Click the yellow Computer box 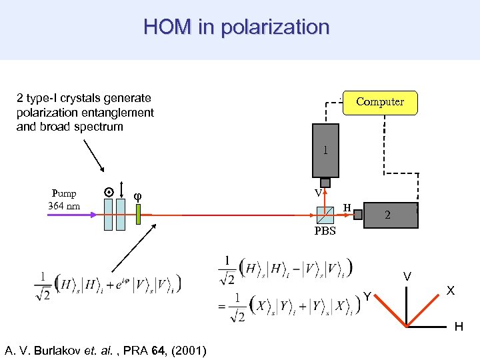point(379,102)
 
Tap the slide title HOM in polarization point(237,27)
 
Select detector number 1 point(325,151)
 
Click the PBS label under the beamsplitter point(325,231)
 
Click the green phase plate point(139,215)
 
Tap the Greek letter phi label point(137,196)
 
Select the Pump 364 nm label point(64,200)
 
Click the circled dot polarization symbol point(108,192)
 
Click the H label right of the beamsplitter point(347,208)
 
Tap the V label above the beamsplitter point(319,193)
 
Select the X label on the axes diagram point(451,291)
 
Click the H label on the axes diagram point(459,327)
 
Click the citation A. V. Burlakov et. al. point(105,351)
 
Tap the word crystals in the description point(92,99)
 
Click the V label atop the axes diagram point(407,276)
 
